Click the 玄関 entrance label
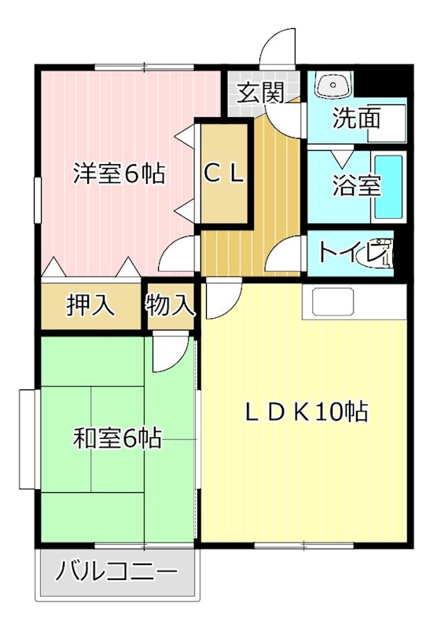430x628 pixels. click(260, 93)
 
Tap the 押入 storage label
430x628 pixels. click(90, 305)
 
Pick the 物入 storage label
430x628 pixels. click(170, 305)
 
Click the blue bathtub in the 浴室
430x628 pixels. click(388, 188)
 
